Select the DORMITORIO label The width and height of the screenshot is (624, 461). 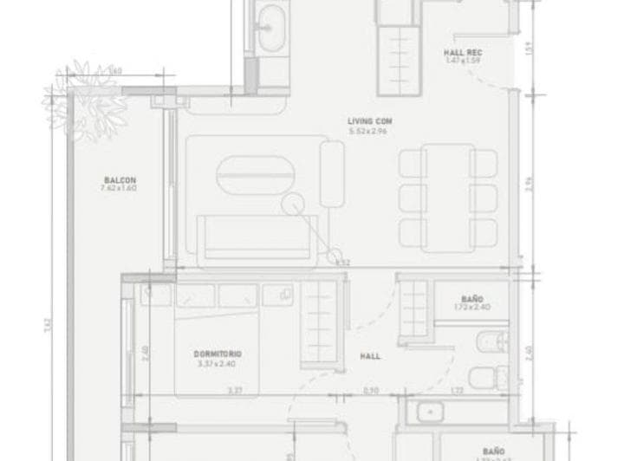(217, 354)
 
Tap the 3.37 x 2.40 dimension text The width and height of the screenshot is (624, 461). (217, 364)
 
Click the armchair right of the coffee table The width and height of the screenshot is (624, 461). (332, 175)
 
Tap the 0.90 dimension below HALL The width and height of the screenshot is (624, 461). (370, 392)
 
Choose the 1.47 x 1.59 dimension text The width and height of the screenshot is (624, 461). (463, 60)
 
